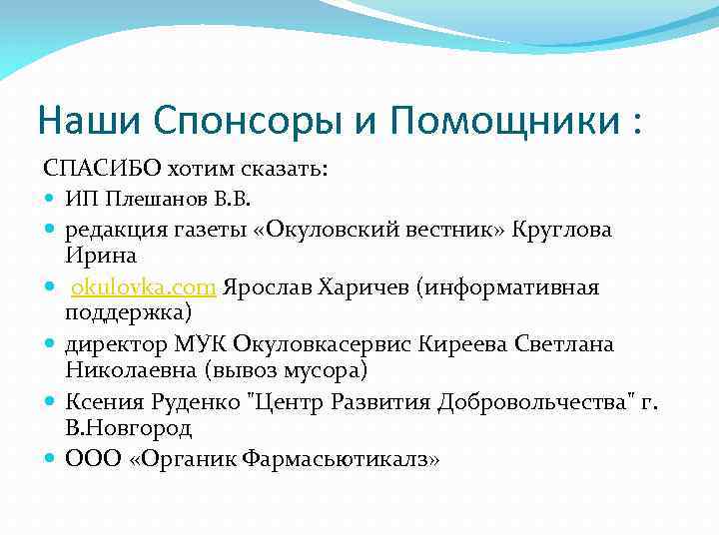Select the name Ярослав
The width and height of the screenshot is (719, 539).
[266, 287]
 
